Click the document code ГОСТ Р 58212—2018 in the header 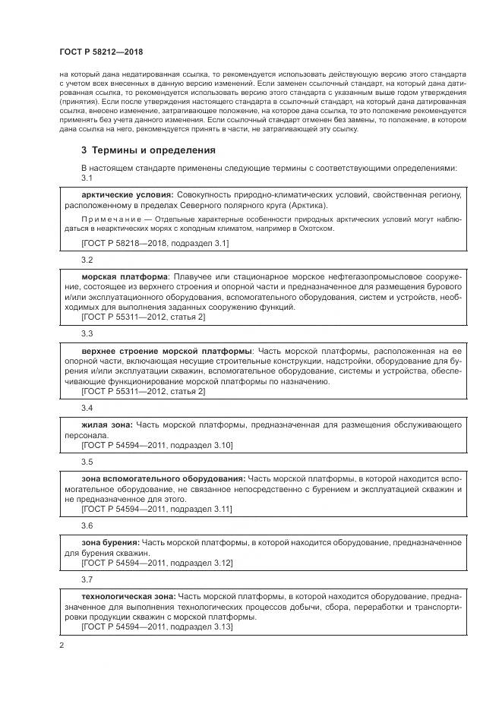100,52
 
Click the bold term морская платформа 123,277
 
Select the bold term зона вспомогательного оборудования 163,479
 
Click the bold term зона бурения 109,543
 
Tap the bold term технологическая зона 128,597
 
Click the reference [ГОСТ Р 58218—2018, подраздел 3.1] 155,243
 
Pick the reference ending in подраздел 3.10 156,445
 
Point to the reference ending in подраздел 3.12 156,563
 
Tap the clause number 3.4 87,409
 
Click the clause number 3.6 87,525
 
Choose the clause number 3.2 87,260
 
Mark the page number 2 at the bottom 61,646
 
